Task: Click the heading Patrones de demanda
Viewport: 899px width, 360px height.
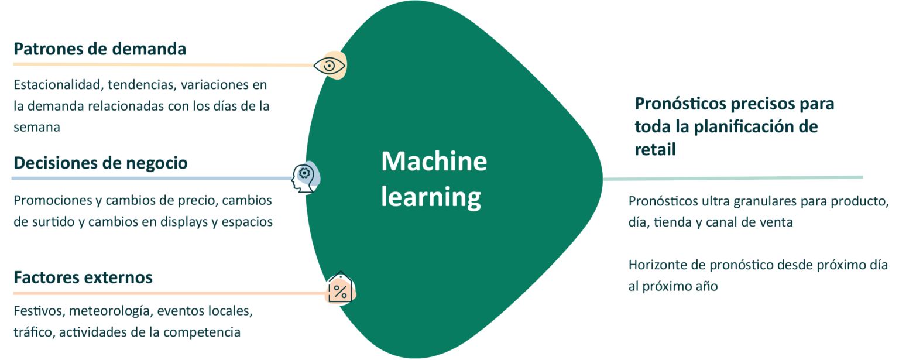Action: coord(99,49)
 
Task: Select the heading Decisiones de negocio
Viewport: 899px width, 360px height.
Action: coord(100,163)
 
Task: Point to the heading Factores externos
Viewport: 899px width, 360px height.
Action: coord(83,276)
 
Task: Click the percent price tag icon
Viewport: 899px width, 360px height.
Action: coord(339,289)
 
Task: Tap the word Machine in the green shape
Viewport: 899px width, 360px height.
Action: coord(434,161)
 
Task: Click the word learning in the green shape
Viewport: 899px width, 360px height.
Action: coord(431,197)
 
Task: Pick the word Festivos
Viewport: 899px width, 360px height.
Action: coord(35,310)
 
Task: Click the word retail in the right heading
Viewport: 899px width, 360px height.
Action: coord(655,149)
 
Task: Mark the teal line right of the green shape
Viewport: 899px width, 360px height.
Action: coord(732,178)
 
